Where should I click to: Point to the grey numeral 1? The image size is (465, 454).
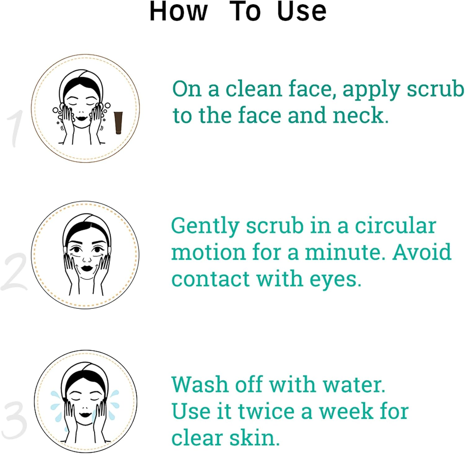(15, 129)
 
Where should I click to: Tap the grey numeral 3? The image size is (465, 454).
(14, 420)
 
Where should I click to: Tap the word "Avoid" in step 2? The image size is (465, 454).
(422, 252)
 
